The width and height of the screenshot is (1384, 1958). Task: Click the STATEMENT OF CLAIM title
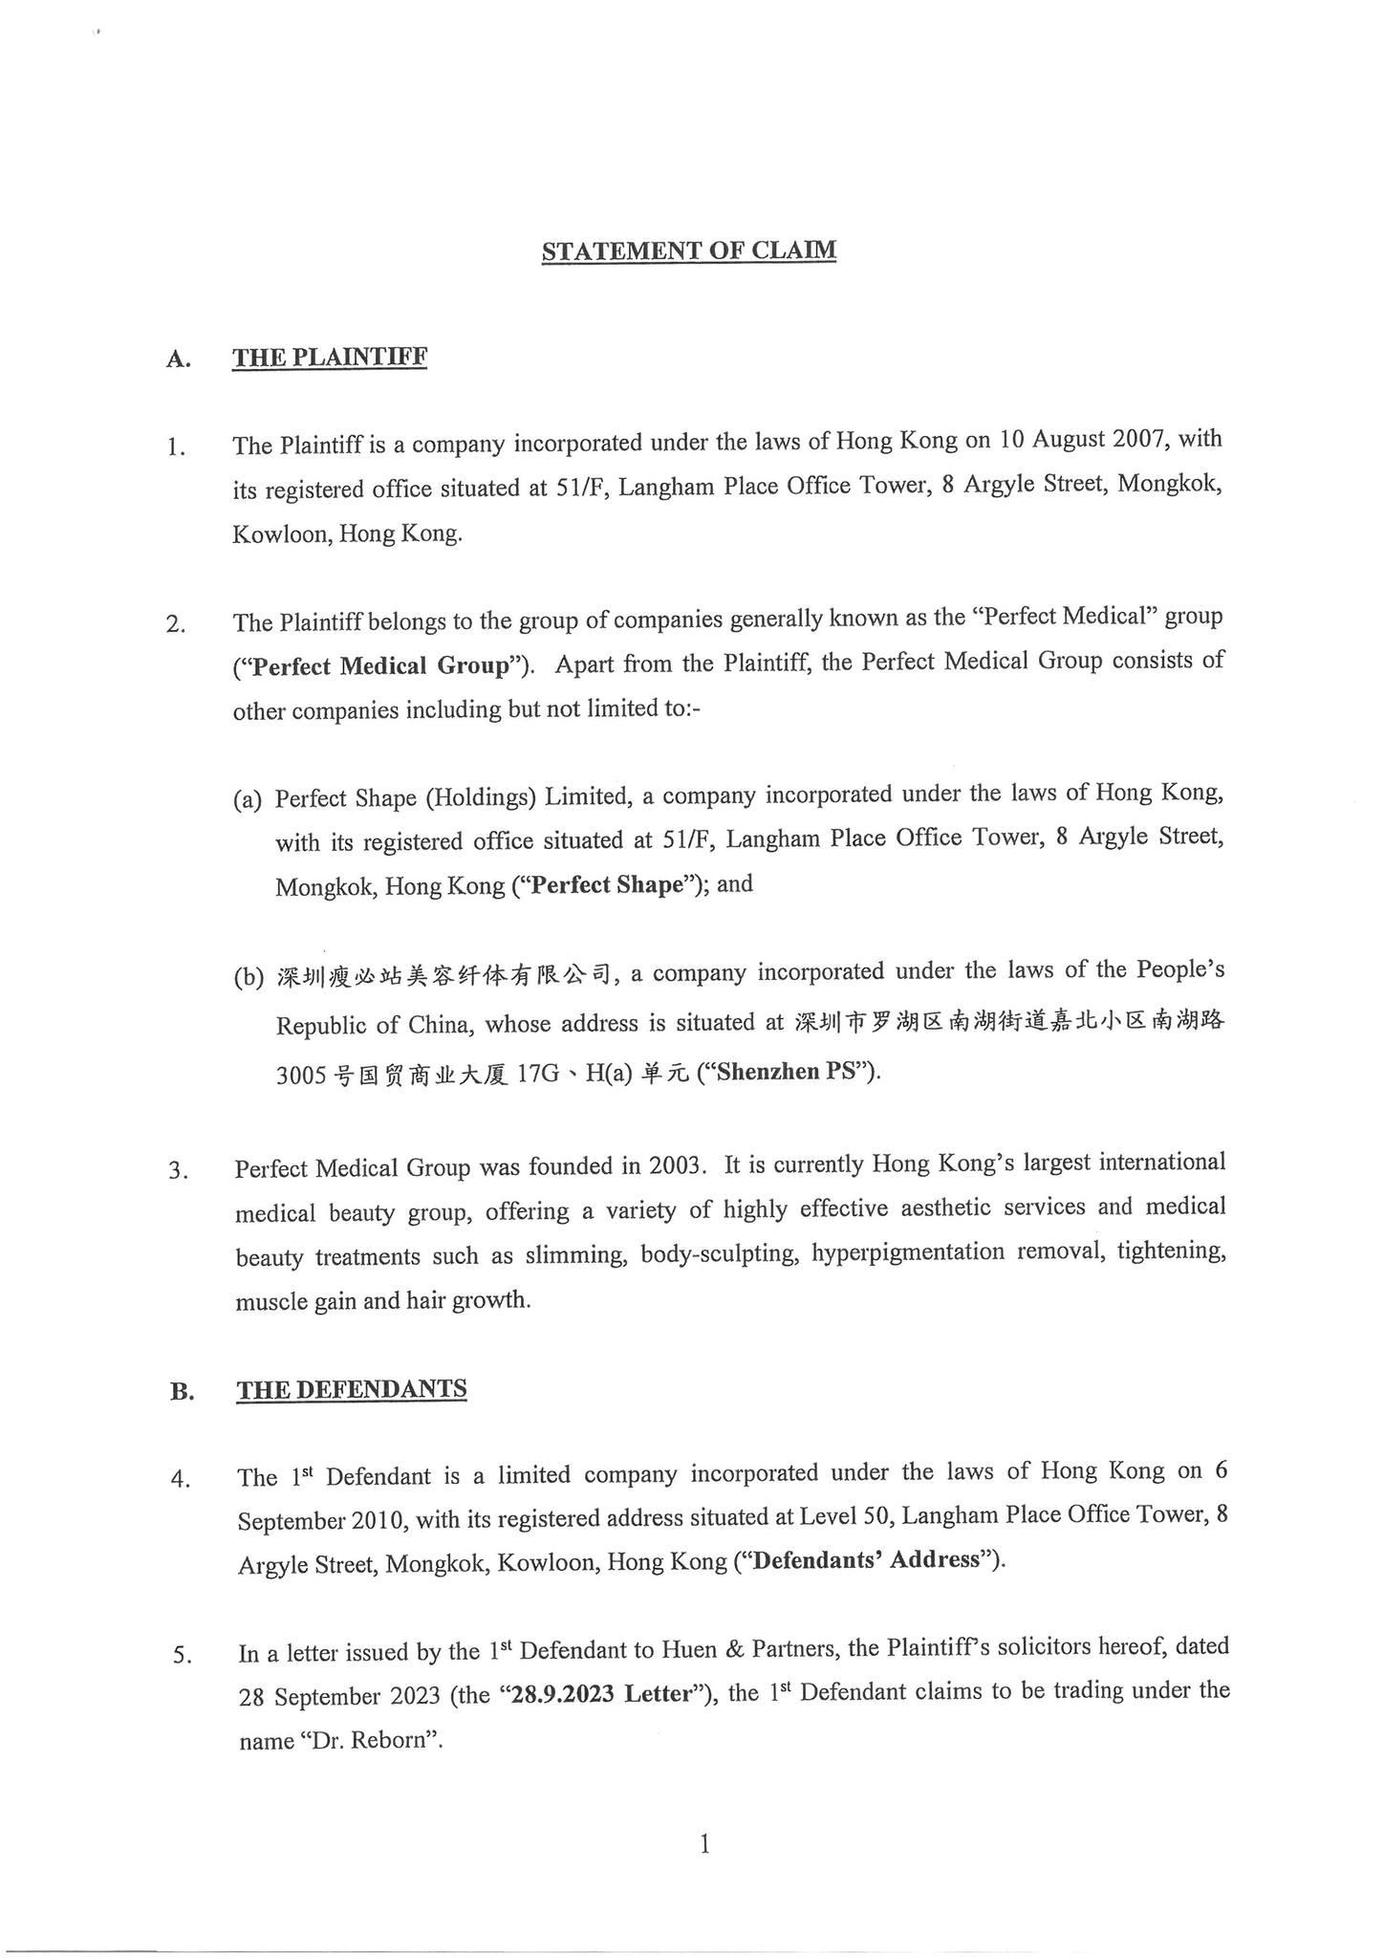click(688, 250)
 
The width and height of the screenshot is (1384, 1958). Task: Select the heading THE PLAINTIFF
click(330, 358)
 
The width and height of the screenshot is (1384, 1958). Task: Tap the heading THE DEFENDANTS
click(352, 1388)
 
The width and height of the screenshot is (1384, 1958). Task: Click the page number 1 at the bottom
click(704, 1844)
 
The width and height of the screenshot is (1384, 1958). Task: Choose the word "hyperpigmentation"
click(907, 1252)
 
